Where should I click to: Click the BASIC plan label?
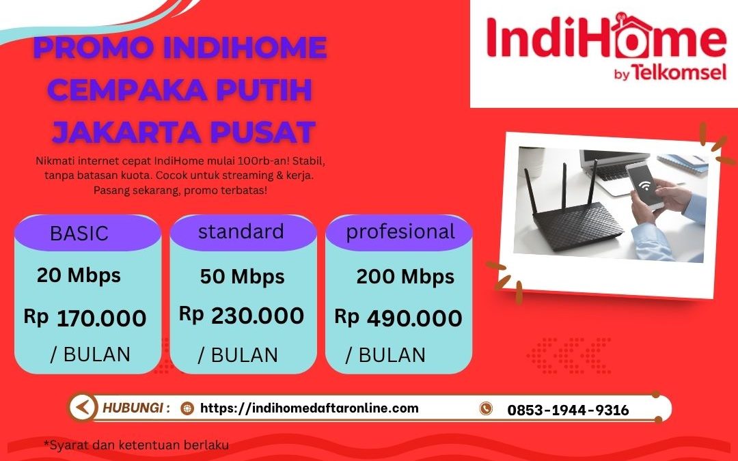(79, 234)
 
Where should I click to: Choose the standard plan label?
(241, 232)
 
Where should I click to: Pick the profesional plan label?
(400, 232)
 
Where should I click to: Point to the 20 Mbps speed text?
(79, 275)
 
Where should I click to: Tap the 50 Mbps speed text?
(242, 277)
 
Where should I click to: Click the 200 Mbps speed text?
(405, 277)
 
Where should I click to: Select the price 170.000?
(101, 318)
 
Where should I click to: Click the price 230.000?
(257, 316)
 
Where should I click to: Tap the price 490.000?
(414, 318)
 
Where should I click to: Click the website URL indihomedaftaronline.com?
(309, 408)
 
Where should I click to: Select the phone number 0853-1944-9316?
(568, 410)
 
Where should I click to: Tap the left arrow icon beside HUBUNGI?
(83, 408)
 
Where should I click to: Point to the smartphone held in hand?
(646, 185)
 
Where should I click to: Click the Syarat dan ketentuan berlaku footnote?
(136, 445)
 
